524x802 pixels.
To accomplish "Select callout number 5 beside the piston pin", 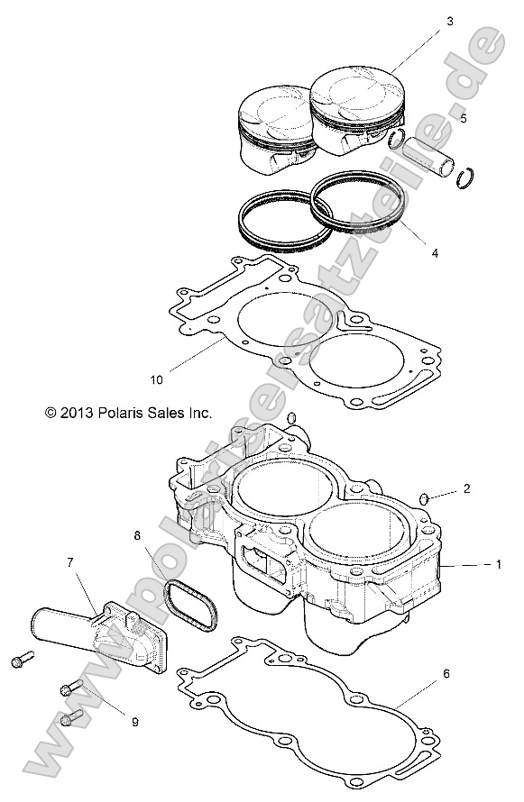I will [x=463, y=117].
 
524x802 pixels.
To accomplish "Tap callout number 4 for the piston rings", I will [x=435, y=253].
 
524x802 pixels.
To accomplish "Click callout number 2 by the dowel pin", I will [x=466, y=488].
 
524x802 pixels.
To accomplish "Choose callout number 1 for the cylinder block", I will [x=496, y=565].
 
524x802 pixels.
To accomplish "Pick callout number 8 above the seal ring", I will [x=138, y=535].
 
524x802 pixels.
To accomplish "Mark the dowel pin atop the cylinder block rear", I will [x=291, y=419].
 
